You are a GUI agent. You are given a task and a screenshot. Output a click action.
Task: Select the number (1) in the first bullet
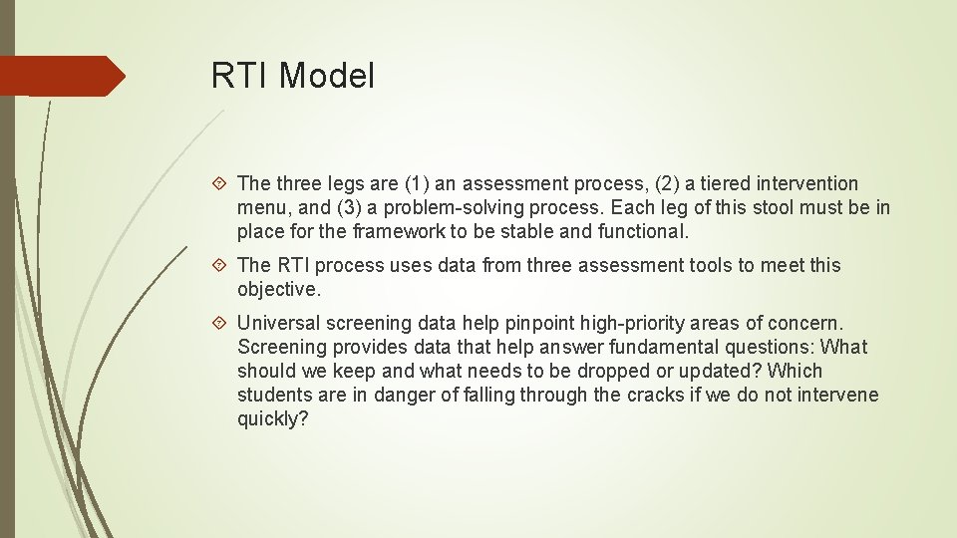coord(419,183)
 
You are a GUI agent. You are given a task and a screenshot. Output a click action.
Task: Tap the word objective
coord(278,289)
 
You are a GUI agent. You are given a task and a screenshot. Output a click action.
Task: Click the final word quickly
coord(271,418)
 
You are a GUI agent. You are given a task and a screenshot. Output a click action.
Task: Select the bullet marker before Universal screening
coord(221,323)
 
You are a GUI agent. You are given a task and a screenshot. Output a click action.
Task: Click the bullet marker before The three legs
coord(221,183)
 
